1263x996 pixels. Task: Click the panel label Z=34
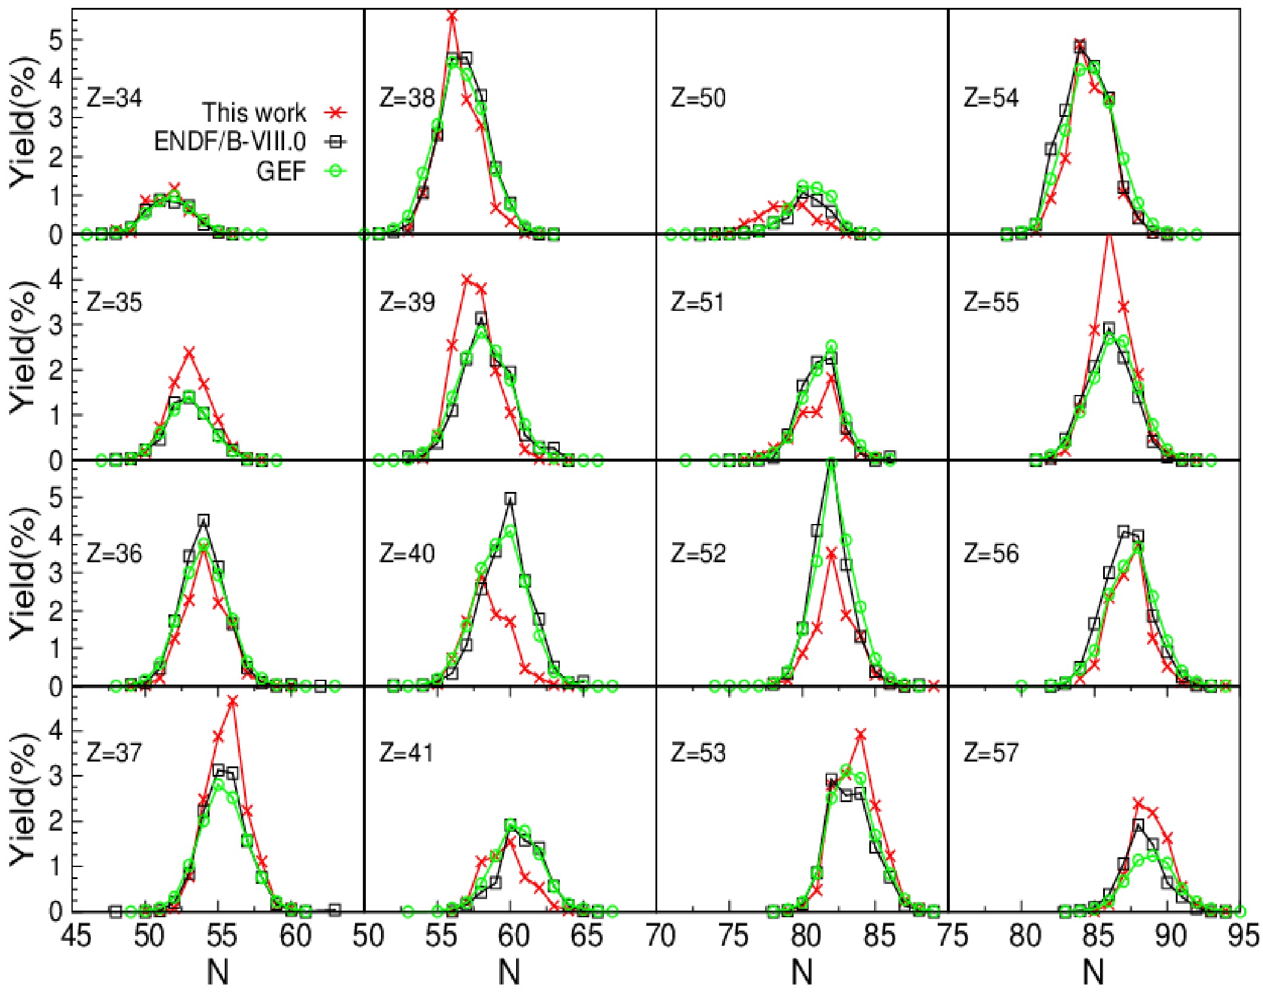114,98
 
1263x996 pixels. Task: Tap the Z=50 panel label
698,98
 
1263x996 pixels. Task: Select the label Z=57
991,753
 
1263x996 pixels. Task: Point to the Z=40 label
407,554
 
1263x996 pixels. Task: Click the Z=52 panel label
698,554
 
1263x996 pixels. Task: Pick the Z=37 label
114,753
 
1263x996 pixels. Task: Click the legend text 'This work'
254,113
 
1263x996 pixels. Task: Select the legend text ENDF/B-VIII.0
230,142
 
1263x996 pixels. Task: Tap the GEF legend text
281,171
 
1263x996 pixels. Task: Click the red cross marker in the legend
335,113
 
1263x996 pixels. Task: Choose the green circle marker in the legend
335,171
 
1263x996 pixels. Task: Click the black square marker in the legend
335,142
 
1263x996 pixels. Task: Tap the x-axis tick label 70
659,936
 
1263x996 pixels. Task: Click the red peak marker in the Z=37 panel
233,702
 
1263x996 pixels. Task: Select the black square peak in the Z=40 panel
510,499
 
